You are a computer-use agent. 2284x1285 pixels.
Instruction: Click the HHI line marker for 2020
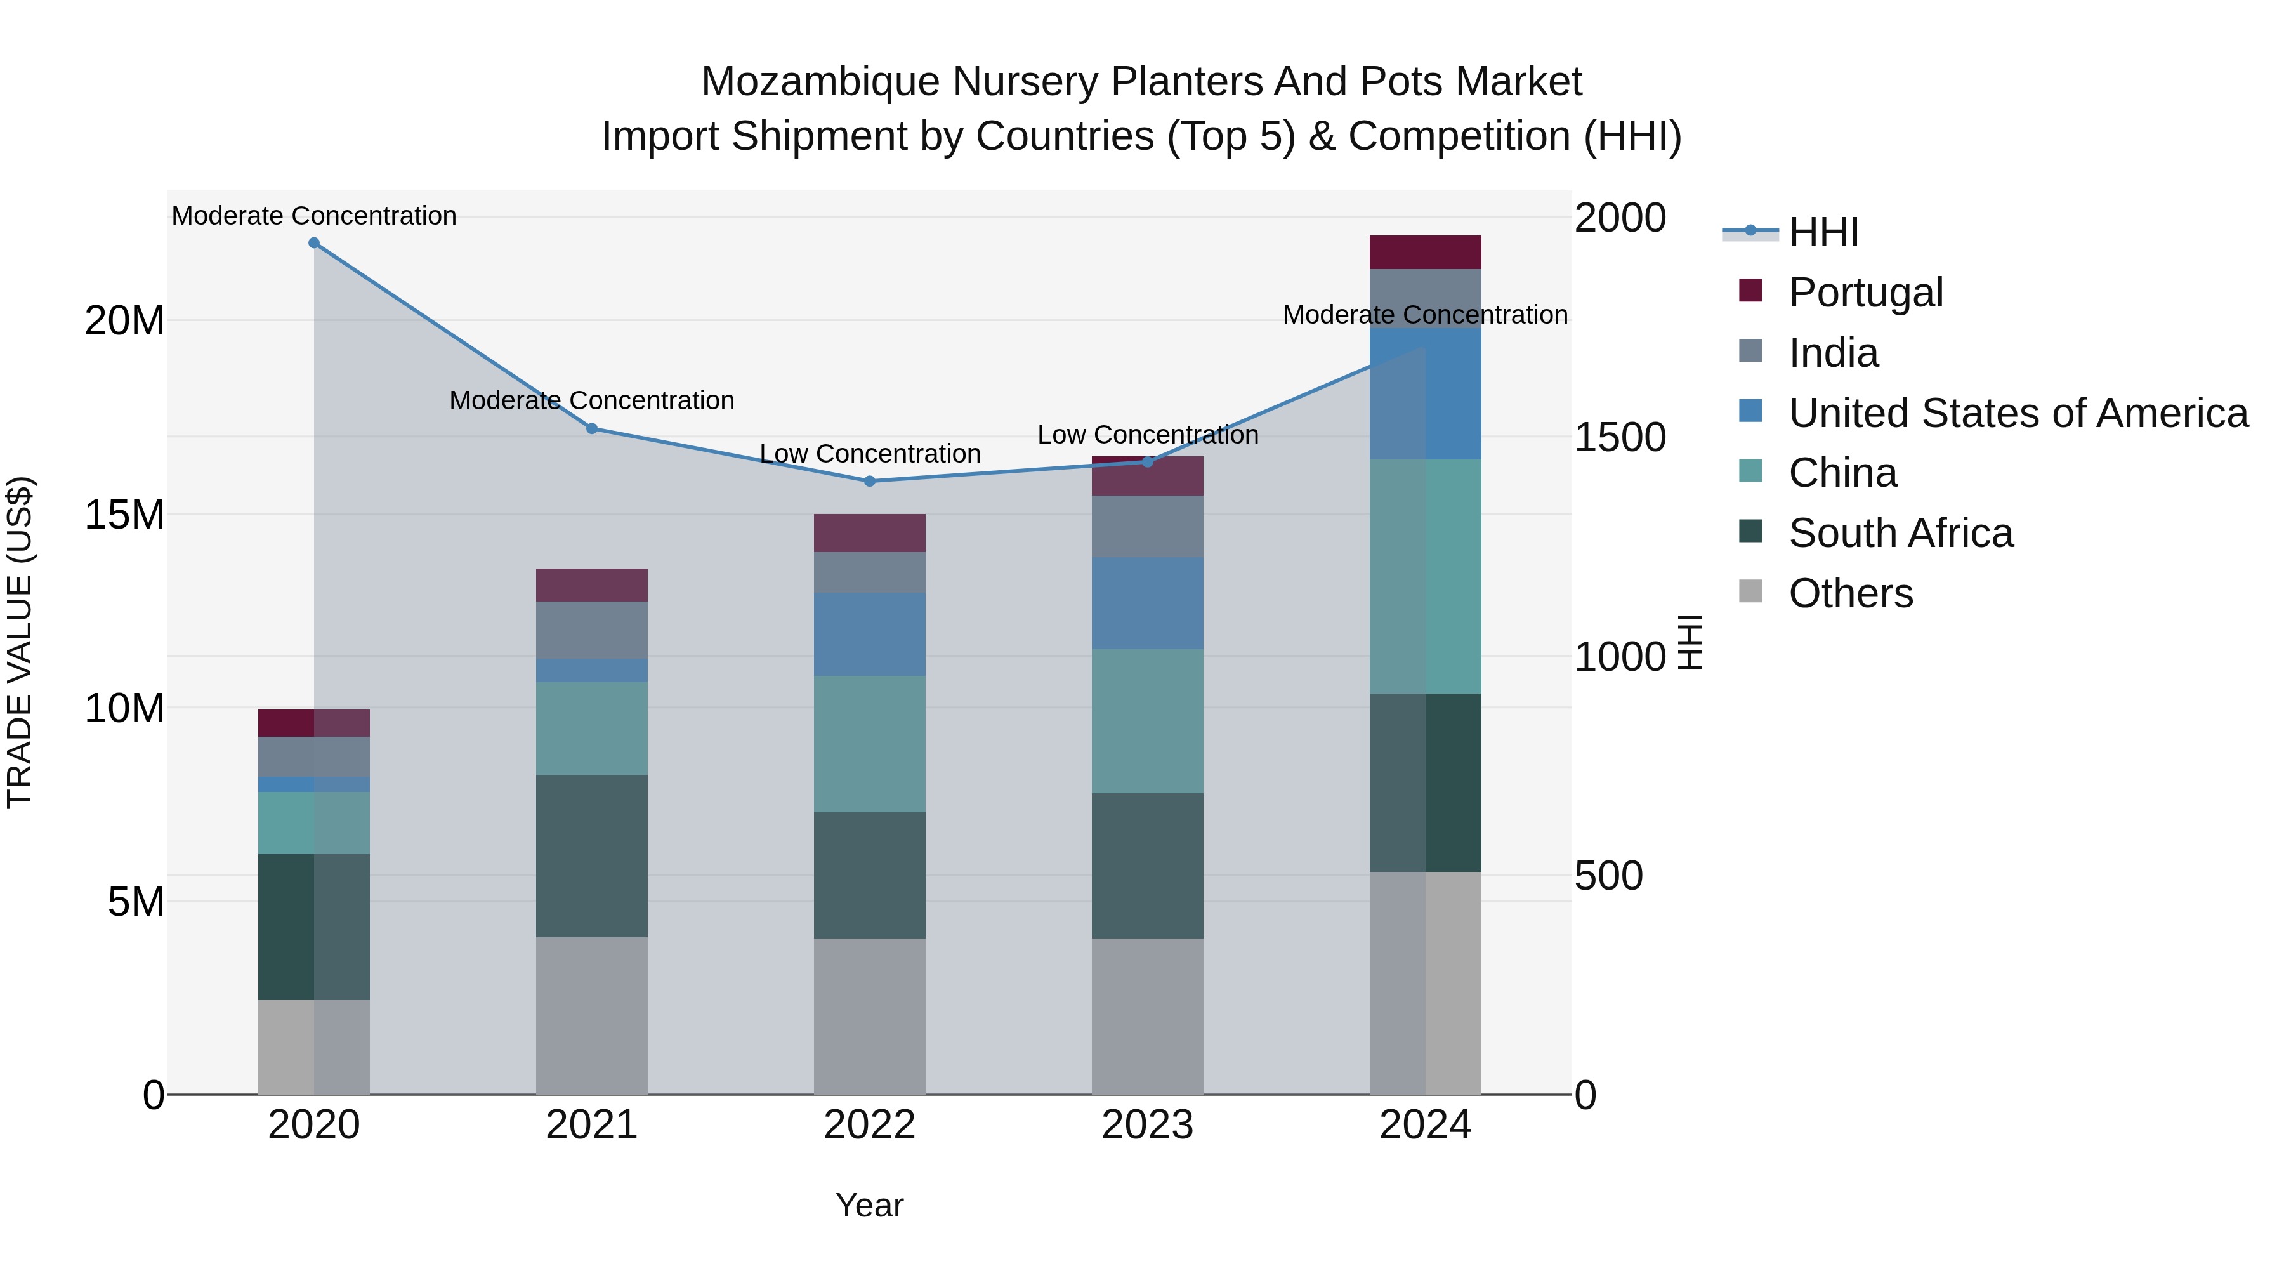coord(314,243)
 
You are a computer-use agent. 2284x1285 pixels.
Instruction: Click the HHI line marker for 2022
coord(870,482)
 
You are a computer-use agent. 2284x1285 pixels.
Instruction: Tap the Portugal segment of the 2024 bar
coord(1425,253)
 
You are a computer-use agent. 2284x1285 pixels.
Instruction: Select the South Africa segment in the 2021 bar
coord(591,856)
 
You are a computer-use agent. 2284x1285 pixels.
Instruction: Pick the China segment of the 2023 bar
coord(1147,721)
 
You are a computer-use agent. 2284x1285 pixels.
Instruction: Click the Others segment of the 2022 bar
coord(870,1017)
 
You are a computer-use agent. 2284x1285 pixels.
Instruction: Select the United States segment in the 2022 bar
coord(870,634)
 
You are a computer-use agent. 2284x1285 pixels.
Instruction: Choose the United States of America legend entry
coord(2017,413)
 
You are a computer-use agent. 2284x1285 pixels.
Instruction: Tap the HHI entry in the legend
coord(1823,232)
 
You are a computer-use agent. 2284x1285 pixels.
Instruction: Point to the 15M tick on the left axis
coord(124,515)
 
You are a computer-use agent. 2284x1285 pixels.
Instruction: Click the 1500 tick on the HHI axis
coord(1620,437)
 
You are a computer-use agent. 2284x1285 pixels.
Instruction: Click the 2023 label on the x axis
coord(1147,1125)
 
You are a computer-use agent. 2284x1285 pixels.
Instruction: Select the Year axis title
coord(869,1205)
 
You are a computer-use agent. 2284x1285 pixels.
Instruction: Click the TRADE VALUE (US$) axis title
coord(20,642)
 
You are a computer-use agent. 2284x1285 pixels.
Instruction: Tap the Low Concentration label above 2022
coord(870,454)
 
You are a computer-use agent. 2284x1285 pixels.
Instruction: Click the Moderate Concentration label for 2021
coord(591,401)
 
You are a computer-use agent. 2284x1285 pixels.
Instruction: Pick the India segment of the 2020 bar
coord(314,756)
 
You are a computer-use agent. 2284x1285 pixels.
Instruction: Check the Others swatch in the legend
coord(1750,591)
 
